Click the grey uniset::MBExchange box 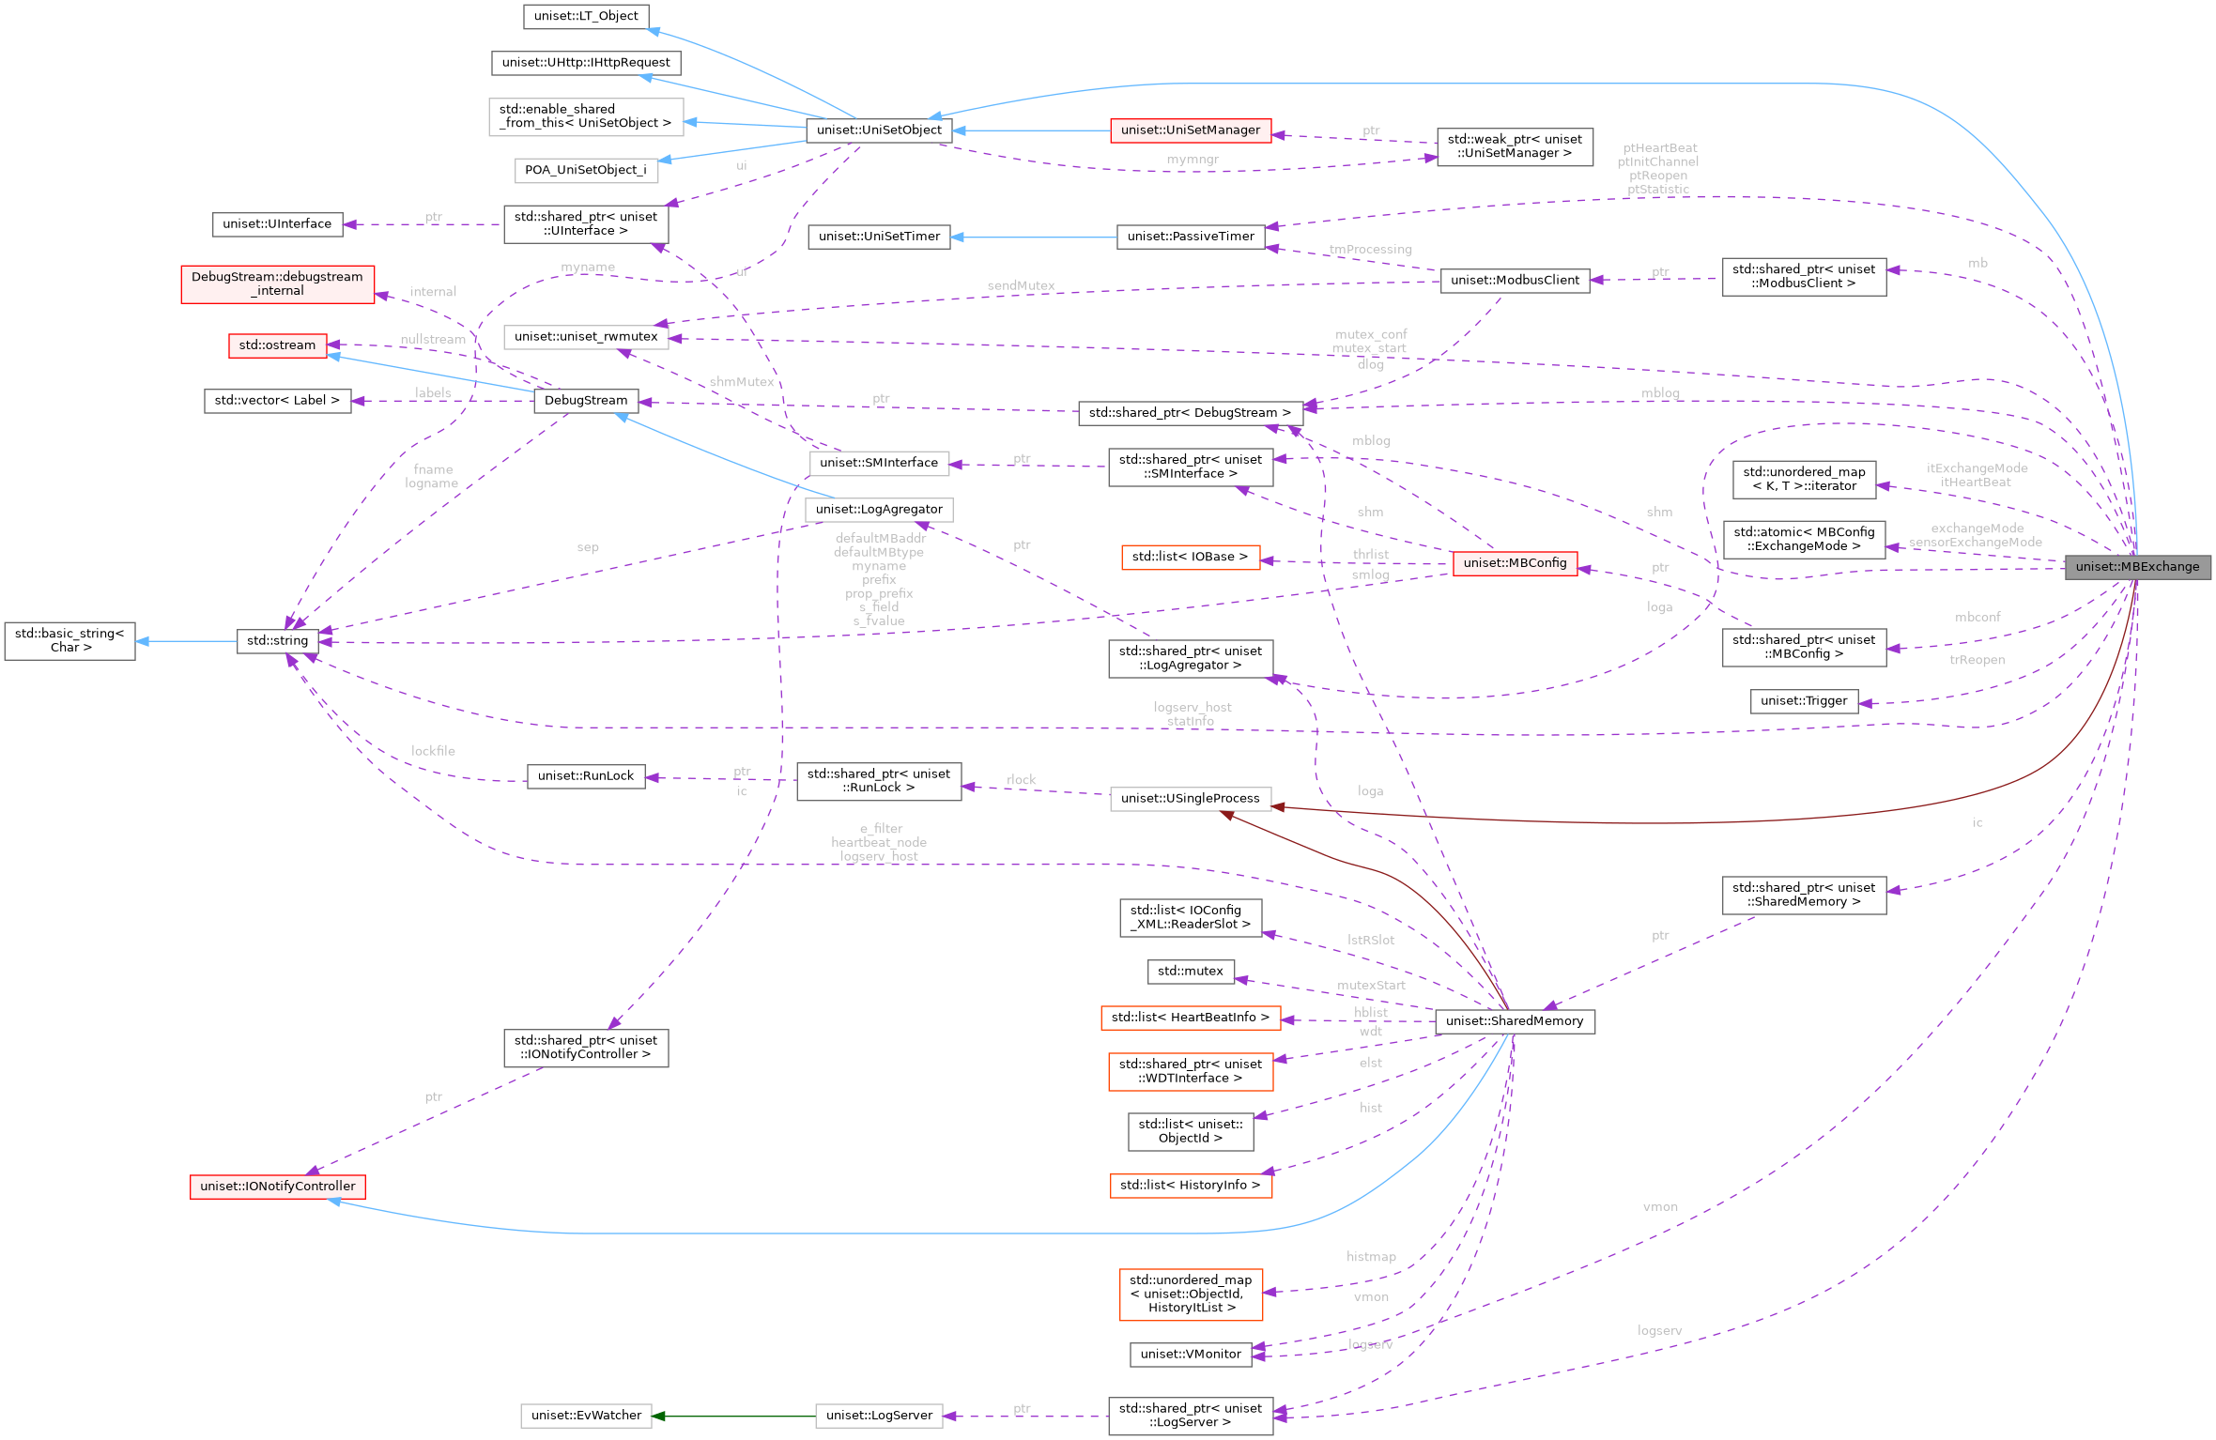tap(2137, 566)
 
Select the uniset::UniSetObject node tap(879, 130)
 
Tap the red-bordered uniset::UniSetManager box tap(1190, 130)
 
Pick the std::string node tap(277, 640)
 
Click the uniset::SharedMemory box tap(1514, 1020)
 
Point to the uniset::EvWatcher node tap(586, 1415)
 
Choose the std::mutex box tap(1190, 971)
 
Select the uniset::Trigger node tap(1803, 700)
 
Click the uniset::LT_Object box tap(585, 16)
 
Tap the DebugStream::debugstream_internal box tap(277, 283)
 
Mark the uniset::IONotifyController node tap(277, 1186)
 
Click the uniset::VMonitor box tap(1190, 1354)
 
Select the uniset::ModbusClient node tap(1514, 280)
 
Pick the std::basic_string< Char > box tap(69, 640)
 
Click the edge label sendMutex tap(1021, 285)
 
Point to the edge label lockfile tap(433, 751)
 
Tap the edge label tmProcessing tap(1370, 250)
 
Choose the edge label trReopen tap(1977, 660)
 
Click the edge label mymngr tap(1192, 160)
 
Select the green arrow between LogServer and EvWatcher tap(733, 1416)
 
